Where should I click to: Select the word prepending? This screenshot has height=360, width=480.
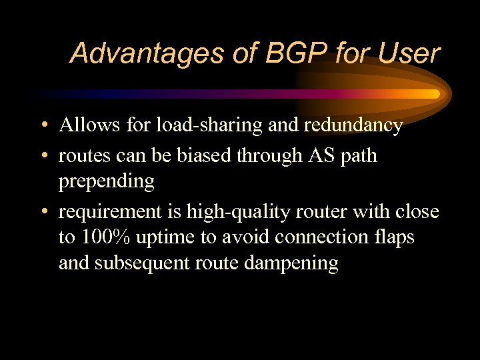(x=107, y=181)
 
